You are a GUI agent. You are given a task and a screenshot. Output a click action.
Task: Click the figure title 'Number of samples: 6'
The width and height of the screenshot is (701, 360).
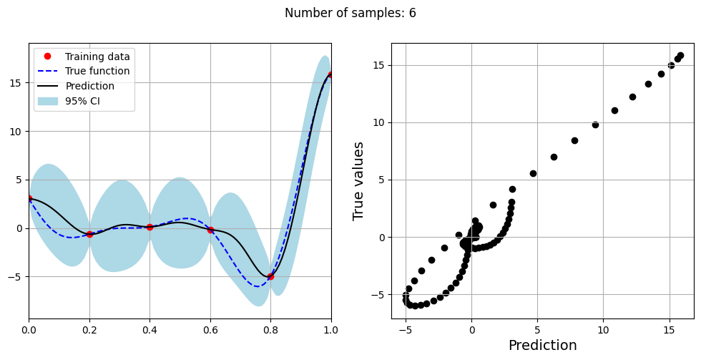point(350,13)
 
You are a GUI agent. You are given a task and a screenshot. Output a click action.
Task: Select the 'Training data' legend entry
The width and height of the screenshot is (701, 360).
point(97,57)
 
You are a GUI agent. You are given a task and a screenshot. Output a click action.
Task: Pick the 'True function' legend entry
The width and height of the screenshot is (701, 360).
point(97,72)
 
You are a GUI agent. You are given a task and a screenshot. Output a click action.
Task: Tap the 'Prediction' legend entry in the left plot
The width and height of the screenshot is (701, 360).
point(89,87)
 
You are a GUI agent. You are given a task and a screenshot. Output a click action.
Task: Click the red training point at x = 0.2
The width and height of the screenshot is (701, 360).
point(89,234)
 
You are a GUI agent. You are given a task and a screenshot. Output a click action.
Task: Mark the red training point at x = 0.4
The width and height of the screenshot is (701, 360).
point(149,227)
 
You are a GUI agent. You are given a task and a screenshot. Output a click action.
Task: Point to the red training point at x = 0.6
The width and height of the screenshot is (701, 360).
point(210,230)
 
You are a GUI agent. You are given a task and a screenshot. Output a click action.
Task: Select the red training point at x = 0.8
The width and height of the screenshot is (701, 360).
point(270,276)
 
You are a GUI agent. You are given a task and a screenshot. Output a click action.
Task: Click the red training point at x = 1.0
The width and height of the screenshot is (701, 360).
point(330,74)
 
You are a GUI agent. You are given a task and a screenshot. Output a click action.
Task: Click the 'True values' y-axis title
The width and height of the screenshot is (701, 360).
point(359,180)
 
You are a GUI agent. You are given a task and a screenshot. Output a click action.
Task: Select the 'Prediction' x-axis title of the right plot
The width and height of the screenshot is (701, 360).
point(542,346)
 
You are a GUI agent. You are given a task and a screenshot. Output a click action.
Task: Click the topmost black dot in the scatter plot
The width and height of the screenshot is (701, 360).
point(680,56)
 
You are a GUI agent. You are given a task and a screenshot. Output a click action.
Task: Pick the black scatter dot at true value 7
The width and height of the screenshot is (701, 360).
point(554,157)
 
